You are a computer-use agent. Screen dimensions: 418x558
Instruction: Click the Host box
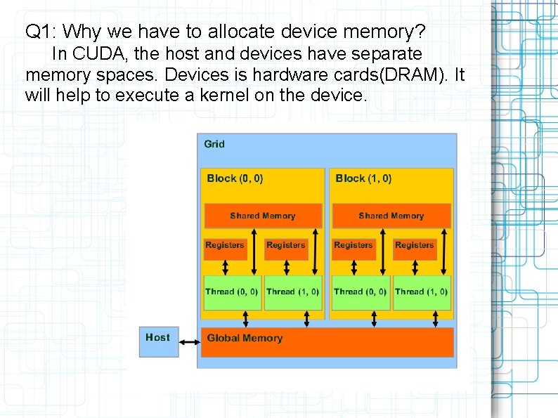[158, 341]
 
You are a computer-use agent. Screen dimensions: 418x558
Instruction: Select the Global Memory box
[327, 342]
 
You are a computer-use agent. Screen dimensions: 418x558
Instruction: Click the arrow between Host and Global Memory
[190, 342]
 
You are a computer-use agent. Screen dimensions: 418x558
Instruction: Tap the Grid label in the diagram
[214, 144]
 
